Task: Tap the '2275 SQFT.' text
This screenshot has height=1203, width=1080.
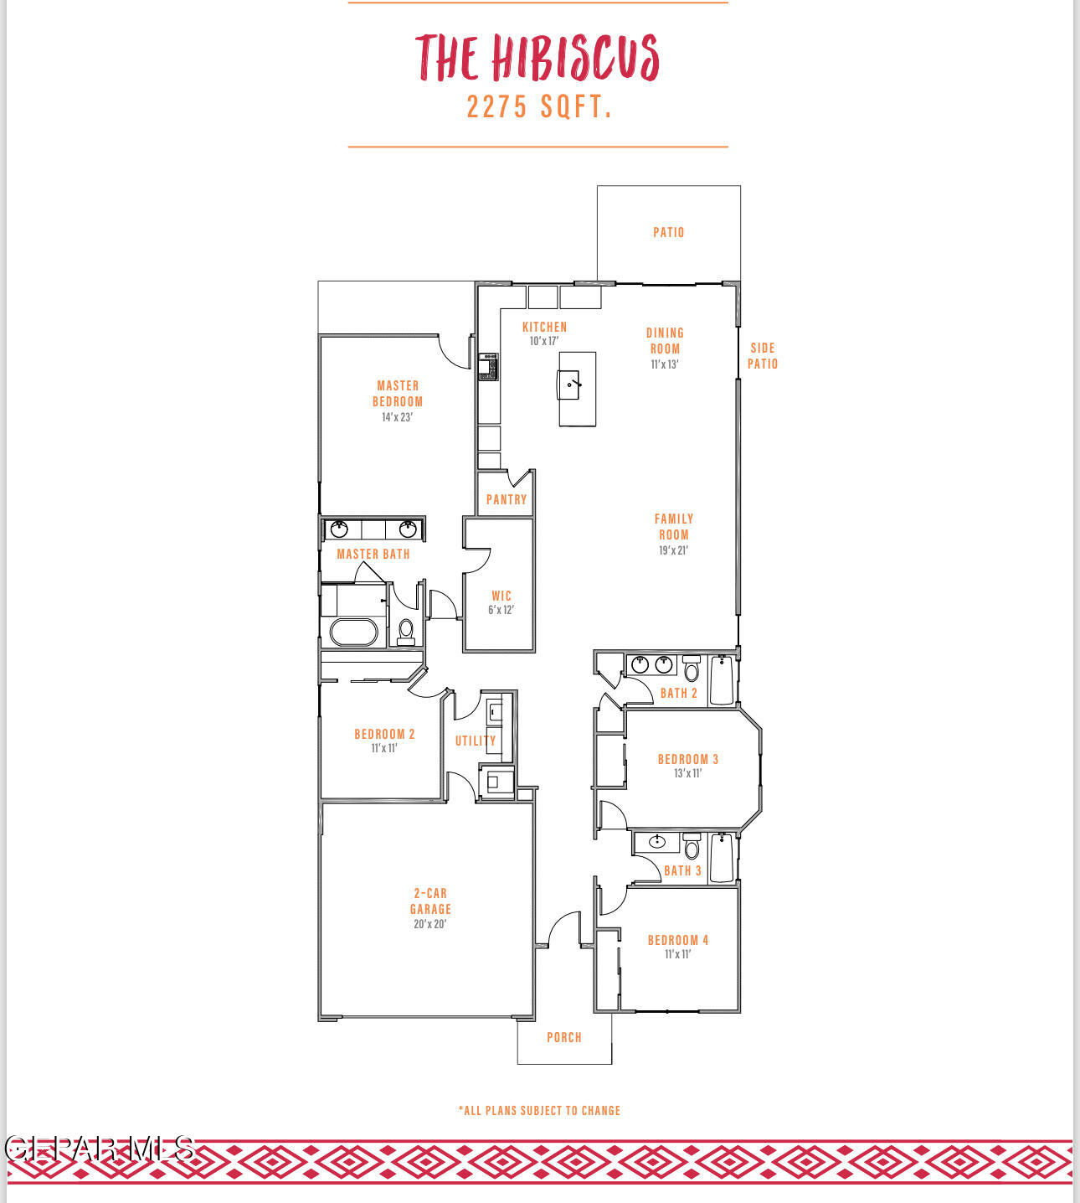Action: pos(539,107)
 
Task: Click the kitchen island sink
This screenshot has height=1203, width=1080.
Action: pos(571,385)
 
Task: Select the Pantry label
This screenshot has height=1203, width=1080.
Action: pos(507,499)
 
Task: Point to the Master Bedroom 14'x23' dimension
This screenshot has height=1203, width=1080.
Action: pos(397,417)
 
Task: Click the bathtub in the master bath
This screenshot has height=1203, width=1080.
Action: pos(353,632)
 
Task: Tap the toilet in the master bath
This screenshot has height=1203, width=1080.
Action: pos(406,630)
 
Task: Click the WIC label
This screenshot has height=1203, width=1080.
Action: pos(501,596)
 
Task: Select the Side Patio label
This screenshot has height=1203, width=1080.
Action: pos(763,355)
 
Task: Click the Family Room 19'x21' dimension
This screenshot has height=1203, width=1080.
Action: pos(673,550)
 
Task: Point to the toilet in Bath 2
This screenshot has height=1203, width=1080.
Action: pos(692,669)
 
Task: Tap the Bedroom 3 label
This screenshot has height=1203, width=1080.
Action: pos(688,759)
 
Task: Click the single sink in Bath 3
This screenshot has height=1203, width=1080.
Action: pos(657,841)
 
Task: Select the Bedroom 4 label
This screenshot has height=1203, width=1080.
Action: pos(678,940)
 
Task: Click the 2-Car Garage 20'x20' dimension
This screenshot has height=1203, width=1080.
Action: pos(429,924)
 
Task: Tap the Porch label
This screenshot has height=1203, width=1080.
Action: pos(564,1037)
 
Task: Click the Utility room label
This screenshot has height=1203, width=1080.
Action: pos(476,741)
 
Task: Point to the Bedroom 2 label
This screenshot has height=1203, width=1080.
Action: pos(384,734)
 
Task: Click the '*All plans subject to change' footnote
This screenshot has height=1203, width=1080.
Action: pos(539,1110)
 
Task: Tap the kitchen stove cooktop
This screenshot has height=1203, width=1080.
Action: pos(488,366)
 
